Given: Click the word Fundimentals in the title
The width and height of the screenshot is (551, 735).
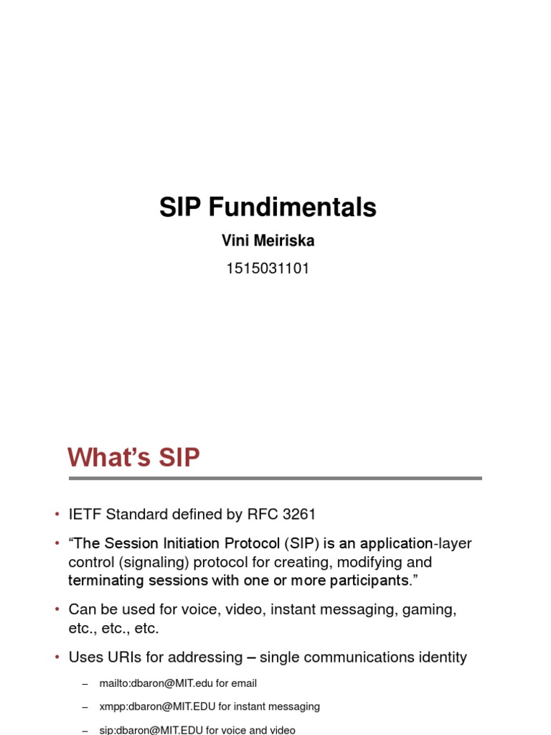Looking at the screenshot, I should (x=293, y=207).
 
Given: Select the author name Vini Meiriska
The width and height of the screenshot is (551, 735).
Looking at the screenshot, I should (x=268, y=241).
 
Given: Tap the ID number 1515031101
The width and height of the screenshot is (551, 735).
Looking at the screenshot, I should (x=268, y=269).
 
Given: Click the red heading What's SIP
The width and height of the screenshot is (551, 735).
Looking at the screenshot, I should (x=133, y=457).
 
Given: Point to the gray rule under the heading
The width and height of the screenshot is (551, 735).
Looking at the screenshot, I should (x=275, y=478).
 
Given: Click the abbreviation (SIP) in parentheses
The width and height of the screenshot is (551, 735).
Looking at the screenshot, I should (x=301, y=543).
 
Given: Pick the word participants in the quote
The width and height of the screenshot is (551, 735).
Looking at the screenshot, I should (x=366, y=580).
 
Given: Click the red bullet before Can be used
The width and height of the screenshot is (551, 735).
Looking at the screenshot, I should (x=57, y=609).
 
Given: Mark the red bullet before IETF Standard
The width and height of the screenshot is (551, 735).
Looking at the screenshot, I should (x=57, y=515).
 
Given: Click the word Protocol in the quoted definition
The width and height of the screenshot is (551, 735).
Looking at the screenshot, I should (x=250, y=543).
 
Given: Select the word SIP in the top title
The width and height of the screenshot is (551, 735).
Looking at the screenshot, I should (x=181, y=207).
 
